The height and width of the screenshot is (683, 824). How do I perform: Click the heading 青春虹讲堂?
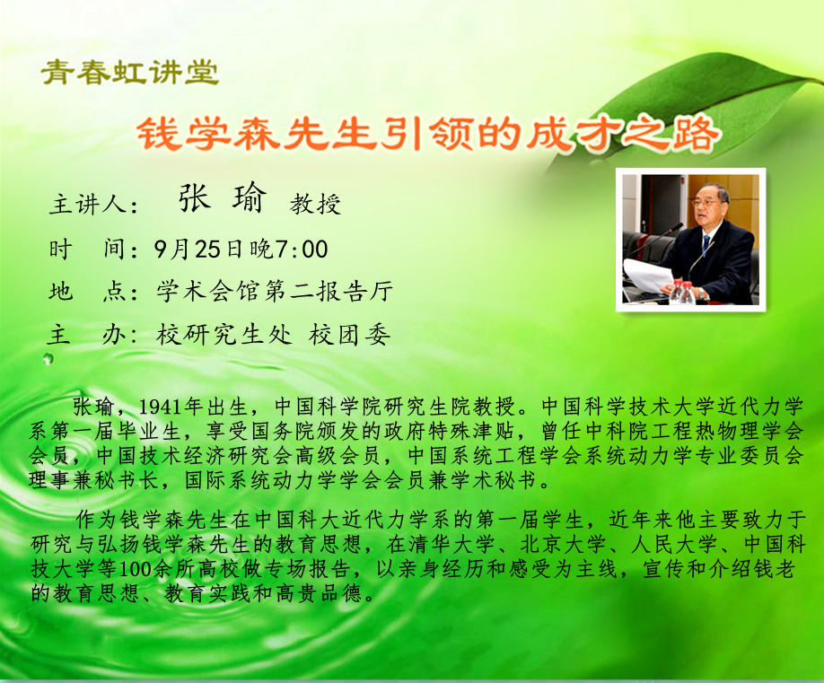130,72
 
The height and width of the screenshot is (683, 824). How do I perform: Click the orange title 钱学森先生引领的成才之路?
426,134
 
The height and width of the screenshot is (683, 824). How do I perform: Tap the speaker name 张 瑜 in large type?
223,198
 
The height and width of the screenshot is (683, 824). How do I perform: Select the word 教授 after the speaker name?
315,204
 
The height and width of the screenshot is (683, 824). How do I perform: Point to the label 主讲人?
93,205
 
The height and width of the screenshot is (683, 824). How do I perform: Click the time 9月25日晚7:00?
241,249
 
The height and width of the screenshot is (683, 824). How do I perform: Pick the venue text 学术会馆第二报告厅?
275,291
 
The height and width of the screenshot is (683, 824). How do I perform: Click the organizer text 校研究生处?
224,334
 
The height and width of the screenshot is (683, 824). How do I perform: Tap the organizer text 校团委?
349,334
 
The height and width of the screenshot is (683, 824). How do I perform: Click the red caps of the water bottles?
683,285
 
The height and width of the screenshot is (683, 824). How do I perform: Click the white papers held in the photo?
648,276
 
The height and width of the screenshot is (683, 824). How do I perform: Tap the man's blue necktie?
706,242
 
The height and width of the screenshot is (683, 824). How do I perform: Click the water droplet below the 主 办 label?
48,359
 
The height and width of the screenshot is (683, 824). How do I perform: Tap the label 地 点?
93,291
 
